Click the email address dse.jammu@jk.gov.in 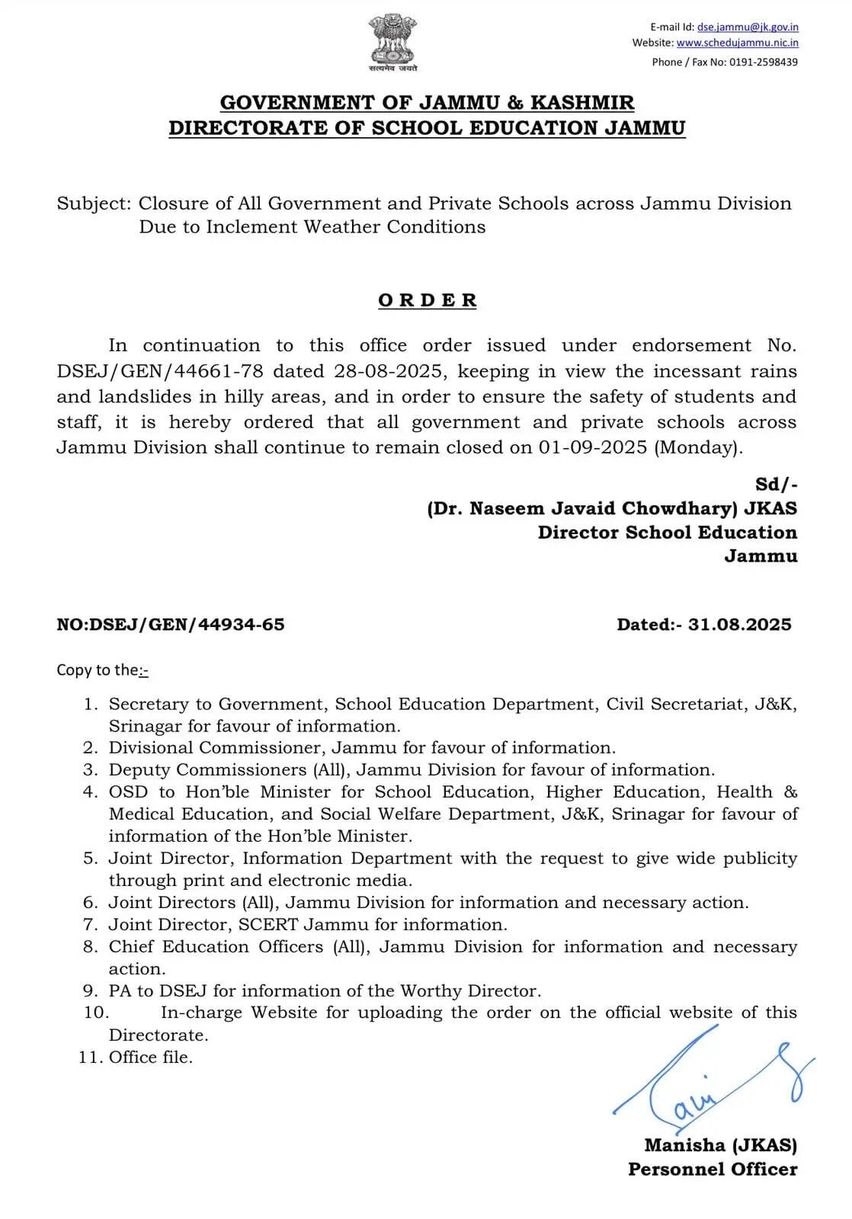[748, 27]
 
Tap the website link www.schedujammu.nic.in [737, 43]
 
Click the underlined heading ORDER [428, 300]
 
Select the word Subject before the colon [91, 204]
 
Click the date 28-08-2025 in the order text [389, 372]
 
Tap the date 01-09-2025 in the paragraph [593, 447]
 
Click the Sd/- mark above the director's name [777, 485]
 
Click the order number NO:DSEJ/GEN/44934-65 [171, 625]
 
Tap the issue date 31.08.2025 [739, 625]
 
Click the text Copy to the [98, 670]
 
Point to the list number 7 [91, 925]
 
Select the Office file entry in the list [151, 1057]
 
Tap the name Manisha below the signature [684, 1145]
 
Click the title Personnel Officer [713, 1169]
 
